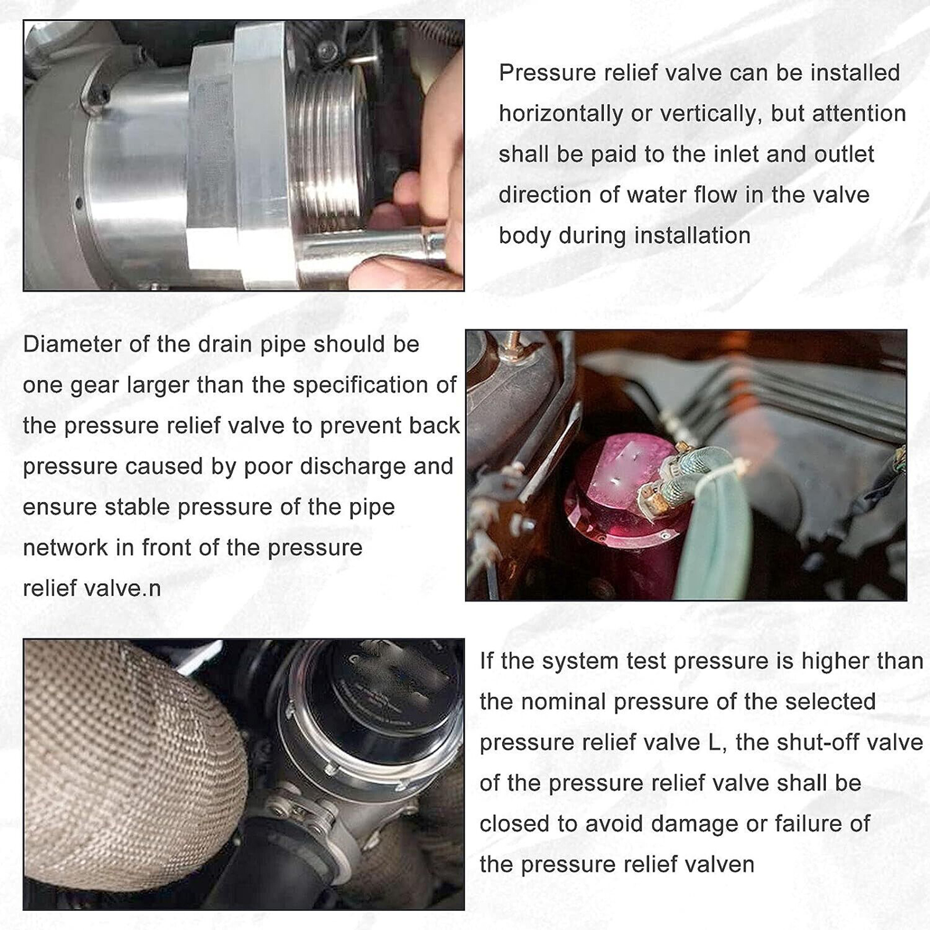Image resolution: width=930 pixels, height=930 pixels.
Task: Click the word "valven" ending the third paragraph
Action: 720,864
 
